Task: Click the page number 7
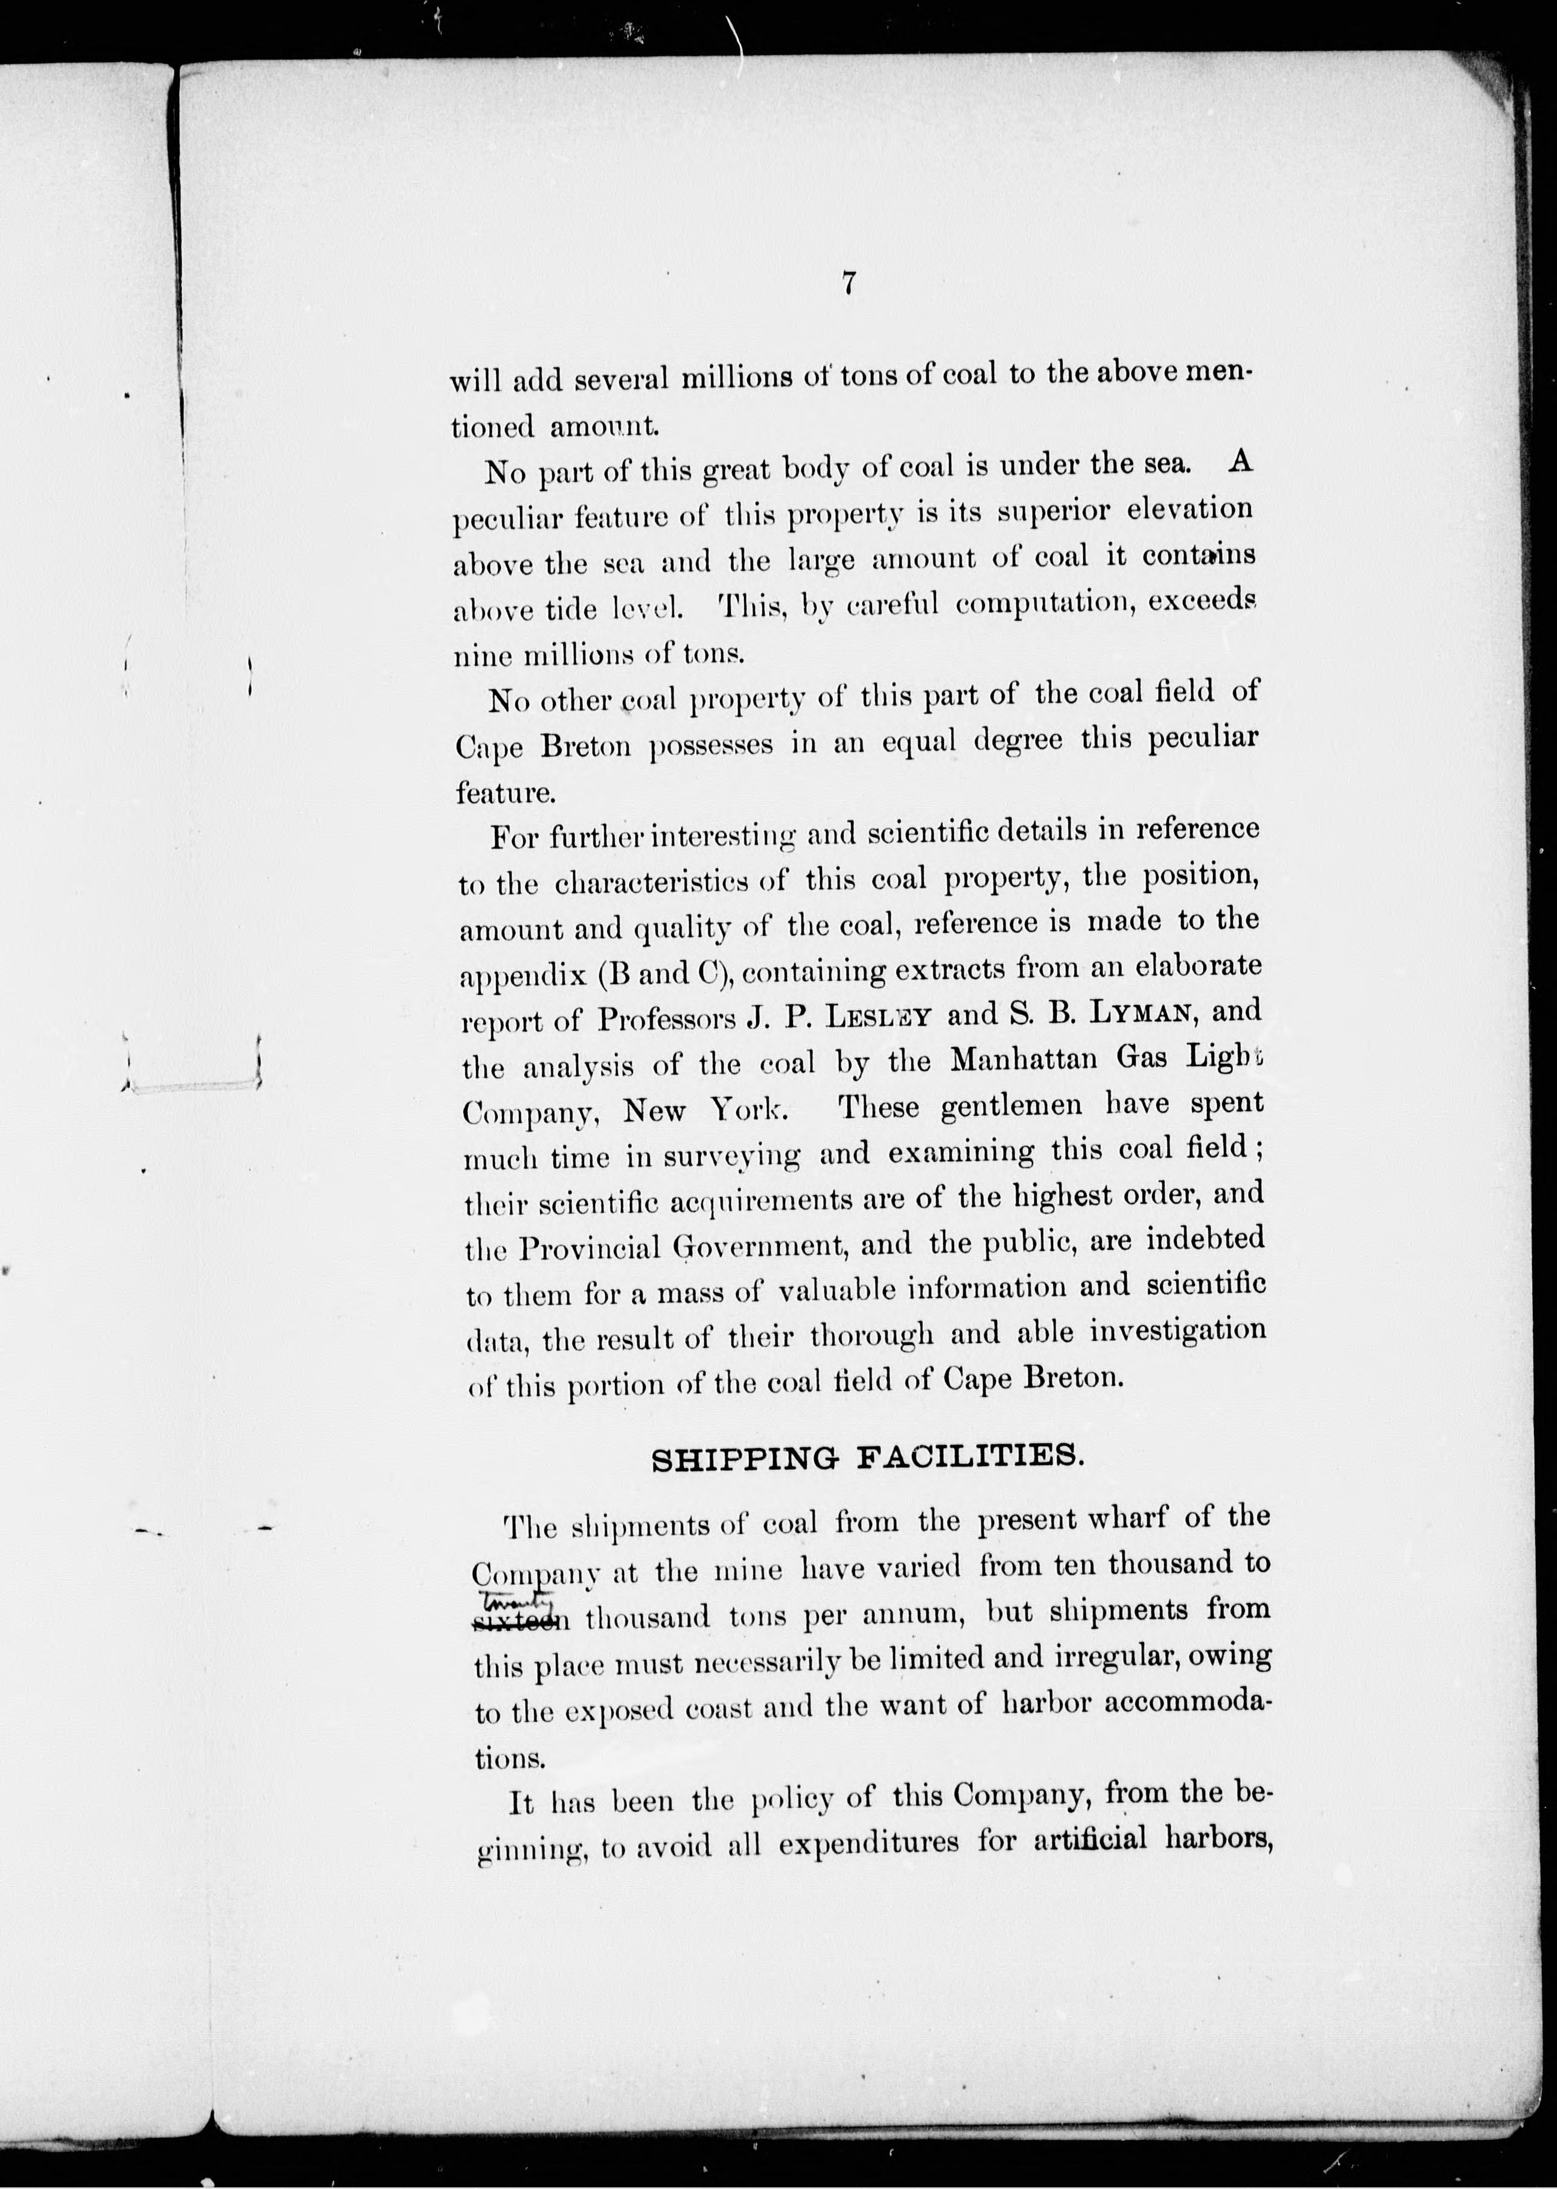847,284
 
